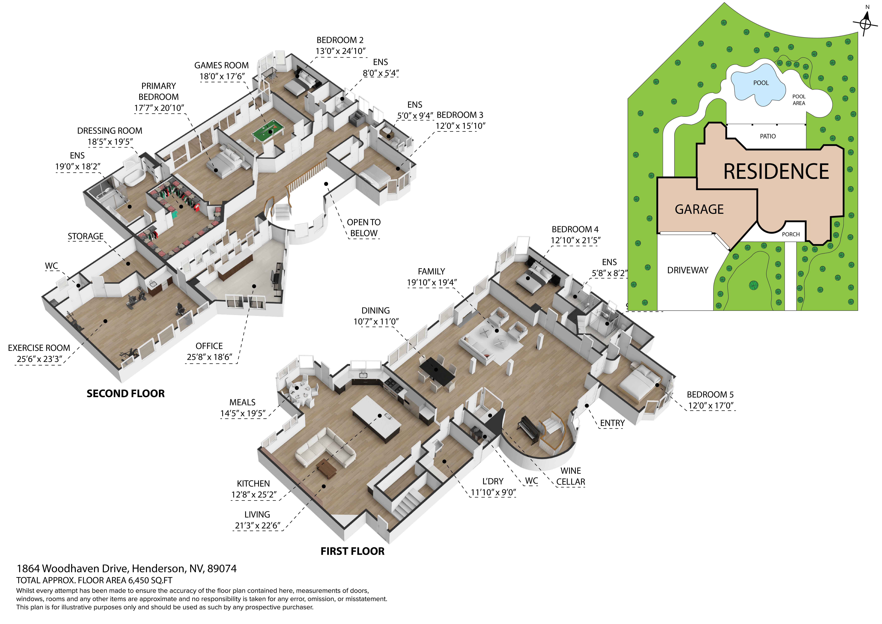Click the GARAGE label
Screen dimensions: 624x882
point(699,209)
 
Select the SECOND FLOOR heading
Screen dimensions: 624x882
point(126,393)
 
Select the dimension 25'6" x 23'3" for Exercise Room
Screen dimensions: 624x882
point(39,359)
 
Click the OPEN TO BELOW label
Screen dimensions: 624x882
point(363,228)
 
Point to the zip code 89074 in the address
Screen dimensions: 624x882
point(222,569)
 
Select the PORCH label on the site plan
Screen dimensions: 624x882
point(791,234)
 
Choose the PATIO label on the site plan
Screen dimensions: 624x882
point(767,136)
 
